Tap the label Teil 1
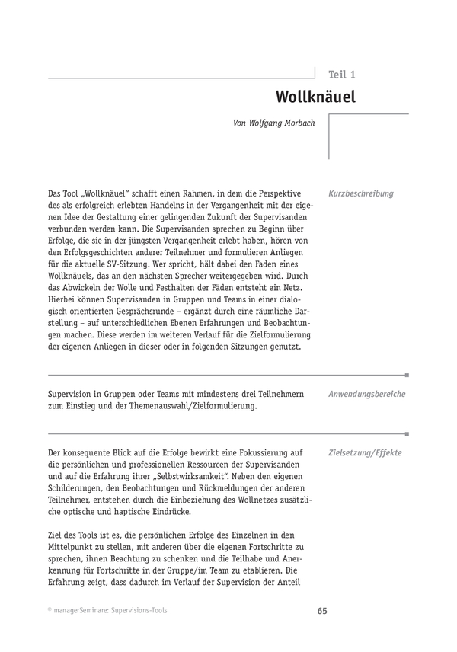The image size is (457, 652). pyautogui.click(x=341, y=75)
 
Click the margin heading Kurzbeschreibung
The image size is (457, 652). pyautogui.click(x=361, y=193)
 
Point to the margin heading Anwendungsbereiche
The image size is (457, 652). pyautogui.click(x=366, y=394)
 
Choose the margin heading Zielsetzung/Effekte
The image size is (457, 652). pyautogui.click(x=365, y=452)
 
